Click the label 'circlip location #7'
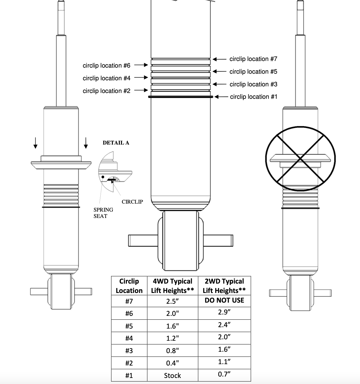[x=253, y=59]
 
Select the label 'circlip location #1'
[x=254, y=97]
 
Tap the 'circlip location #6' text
[x=106, y=66]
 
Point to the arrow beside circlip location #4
[x=141, y=78]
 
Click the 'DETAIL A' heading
[x=116, y=143]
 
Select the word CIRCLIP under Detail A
[x=132, y=202]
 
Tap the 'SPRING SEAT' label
[x=103, y=213]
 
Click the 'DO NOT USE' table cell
[x=224, y=300]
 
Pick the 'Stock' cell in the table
[x=173, y=375]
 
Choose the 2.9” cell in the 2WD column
[x=224, y=313]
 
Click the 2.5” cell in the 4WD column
[x=173, y=301]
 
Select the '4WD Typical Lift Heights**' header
[x=173, y=286]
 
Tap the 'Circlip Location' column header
[x=129, y=286]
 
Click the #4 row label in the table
[x=129, y=338]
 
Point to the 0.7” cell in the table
[x=224, y=374]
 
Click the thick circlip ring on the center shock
[x=181, y=97]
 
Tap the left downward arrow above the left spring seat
[x=35, y=143]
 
